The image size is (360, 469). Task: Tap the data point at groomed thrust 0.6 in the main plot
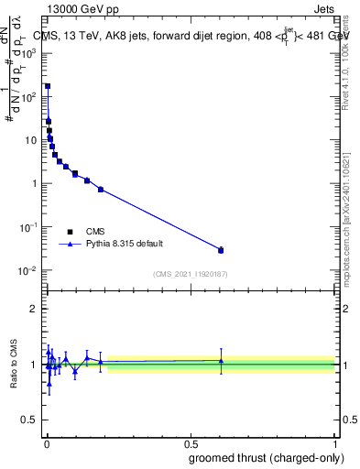point(221,250)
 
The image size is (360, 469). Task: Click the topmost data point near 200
point(48,86)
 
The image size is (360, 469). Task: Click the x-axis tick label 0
point(46,443)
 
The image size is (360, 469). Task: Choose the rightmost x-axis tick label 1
point(334,443)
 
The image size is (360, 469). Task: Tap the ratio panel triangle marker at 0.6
point(221,361)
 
